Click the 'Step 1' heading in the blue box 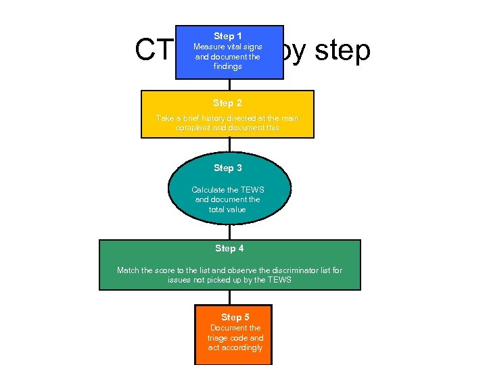coord(228,36)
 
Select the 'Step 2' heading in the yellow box coord(227,103)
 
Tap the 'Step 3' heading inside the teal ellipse coord(228,168)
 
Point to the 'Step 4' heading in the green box coord(229,249)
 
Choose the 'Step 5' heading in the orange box coord(235,317)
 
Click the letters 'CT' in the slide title coord(153,49)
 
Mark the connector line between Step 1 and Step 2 coord(229,84)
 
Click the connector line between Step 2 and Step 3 coord(229,145)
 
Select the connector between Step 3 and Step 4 coord(229,232)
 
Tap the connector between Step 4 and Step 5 coord(229,297)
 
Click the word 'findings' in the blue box coord(227,67)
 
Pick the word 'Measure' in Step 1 coord(208,47)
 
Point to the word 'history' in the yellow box coord(213,118)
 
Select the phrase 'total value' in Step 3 coord(227,210)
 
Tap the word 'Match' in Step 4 coord(128,270)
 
